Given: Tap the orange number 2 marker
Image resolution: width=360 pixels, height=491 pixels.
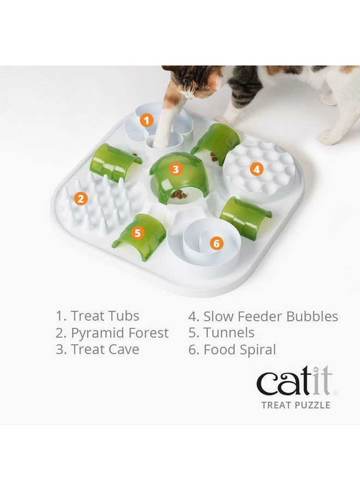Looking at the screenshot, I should pos(81,199).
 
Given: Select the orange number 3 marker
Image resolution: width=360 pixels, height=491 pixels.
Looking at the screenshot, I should pos(175,169).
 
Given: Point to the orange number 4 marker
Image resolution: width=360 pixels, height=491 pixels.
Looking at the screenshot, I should pos(256,169).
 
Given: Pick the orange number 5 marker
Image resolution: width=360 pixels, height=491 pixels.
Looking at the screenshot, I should pos(137,233).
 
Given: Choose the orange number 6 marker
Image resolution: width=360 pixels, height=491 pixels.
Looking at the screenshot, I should pos(217,243).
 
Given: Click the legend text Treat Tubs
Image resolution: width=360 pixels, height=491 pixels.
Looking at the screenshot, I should pos(98,316).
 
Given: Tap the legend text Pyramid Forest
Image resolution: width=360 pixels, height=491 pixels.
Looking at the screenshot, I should pos(112,333).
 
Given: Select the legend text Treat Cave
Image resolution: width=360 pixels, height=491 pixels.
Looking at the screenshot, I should pos(98,350).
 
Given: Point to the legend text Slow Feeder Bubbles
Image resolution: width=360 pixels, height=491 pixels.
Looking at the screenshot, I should pos(263,316).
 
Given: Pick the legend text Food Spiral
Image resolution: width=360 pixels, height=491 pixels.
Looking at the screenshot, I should pos(232,350).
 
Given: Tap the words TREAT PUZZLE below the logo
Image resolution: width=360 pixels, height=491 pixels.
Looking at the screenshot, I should pos(296,405).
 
